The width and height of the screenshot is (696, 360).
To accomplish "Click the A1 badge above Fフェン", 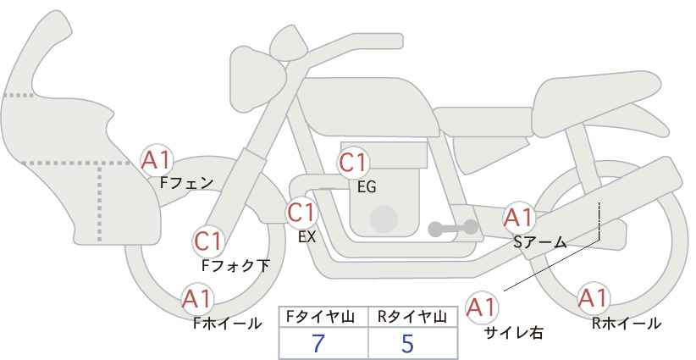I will [x=156, y=158].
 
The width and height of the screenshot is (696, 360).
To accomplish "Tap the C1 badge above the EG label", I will [x=353, y=162].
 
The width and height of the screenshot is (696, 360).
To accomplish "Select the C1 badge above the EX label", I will [x=301, y=212].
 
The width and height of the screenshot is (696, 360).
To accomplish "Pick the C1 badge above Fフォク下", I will [x=208, y=241].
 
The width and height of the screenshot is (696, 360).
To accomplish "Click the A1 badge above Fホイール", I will [x=197, y=299].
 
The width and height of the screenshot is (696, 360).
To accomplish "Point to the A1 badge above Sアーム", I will [x=518, y=217].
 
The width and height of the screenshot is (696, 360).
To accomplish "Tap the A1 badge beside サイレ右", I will [x=483, y=307].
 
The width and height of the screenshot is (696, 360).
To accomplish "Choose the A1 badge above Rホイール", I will [x=592, y=298].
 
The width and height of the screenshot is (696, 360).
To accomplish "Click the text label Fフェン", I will [x=186, y=181].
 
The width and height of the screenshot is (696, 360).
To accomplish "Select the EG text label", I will [x=367, y=186].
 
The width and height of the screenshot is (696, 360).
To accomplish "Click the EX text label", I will [x=307, y=237].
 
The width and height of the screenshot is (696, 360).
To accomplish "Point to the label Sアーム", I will [x=539, y=242].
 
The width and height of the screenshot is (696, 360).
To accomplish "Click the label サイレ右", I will [x=513, y=333].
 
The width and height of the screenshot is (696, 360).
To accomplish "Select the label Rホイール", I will [x=627, y=323].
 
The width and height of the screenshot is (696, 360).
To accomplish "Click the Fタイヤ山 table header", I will [x=323, y=316].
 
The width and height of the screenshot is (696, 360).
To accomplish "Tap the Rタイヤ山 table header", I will [x=412, y=316].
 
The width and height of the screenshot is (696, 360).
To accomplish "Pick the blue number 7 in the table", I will [x=319, y=343].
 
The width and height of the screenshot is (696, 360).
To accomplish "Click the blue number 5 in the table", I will [x=408, y=343].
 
